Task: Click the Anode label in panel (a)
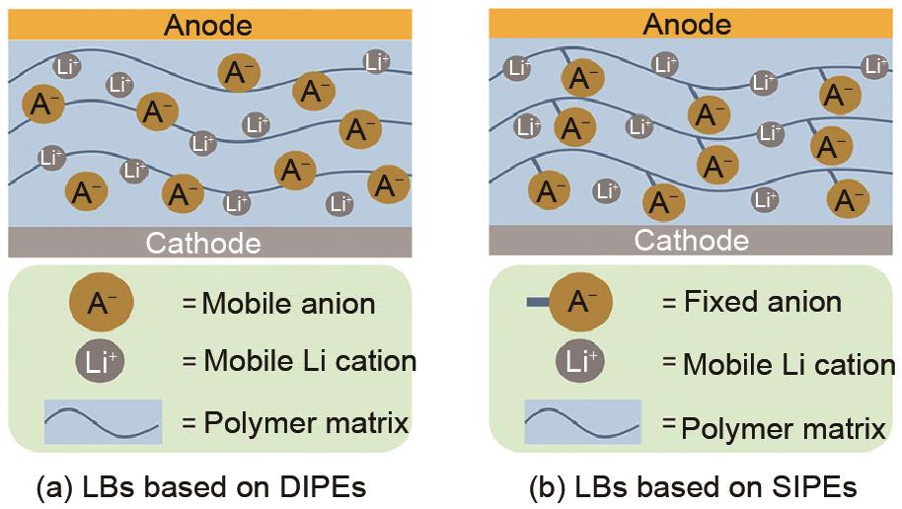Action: (207, 24)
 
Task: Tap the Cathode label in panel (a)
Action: (203, 243)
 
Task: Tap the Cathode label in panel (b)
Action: (691, 240)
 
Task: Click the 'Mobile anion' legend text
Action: (288, 304)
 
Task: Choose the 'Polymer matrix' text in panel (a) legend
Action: (305, 424)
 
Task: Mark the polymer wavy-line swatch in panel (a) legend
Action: (103, 421)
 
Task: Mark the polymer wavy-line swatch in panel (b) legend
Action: (582, 421)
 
